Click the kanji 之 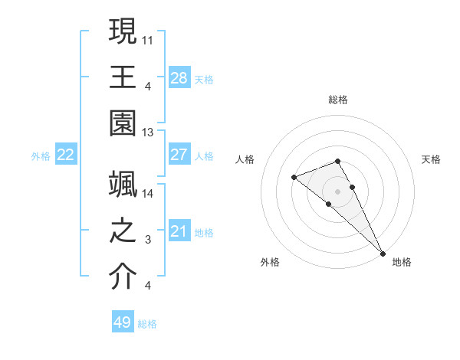tap(123, 231)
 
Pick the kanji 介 tap(123, 278)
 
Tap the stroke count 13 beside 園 tap(149, 133)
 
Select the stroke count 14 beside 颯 tap(149, 194)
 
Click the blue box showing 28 tap(179, 77)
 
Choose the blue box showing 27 tap(179, 155)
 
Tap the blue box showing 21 tap(179, 231)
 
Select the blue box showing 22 tap(66, 155)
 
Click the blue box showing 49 tap(123, 322)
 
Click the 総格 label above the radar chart tap(337, 100)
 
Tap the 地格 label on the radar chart tap(402, 262)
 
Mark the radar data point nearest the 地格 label tap(382, 253)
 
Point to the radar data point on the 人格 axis tap(294, 178)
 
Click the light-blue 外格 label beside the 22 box tap(41, 156)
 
